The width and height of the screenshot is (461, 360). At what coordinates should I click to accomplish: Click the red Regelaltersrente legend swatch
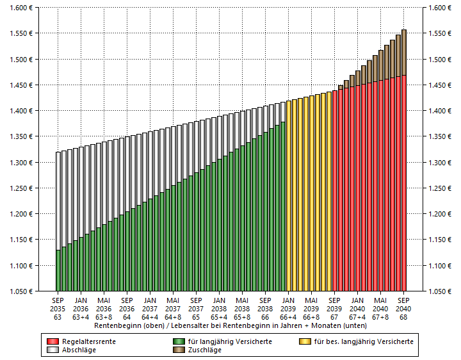click(x=53, y=341)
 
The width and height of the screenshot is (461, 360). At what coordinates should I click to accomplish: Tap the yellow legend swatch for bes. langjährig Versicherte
click(x=305, y=341)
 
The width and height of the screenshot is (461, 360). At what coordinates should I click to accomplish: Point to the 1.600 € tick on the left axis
click(x=22, y=8)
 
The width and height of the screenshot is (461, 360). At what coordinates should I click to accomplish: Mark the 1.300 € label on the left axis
click(x=22, y=163)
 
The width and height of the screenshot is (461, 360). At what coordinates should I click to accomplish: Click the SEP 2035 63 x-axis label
click(x=58, y=307)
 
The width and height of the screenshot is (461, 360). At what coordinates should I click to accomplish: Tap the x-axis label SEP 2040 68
click(x=404, y=307)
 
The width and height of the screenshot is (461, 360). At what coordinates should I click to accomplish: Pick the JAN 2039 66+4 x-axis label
click(x=289, y=307)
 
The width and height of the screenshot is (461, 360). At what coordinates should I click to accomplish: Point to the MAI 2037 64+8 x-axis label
click(x=174, y=307)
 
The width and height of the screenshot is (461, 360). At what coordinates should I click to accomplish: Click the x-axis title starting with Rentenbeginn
click(x=230, y=325)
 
